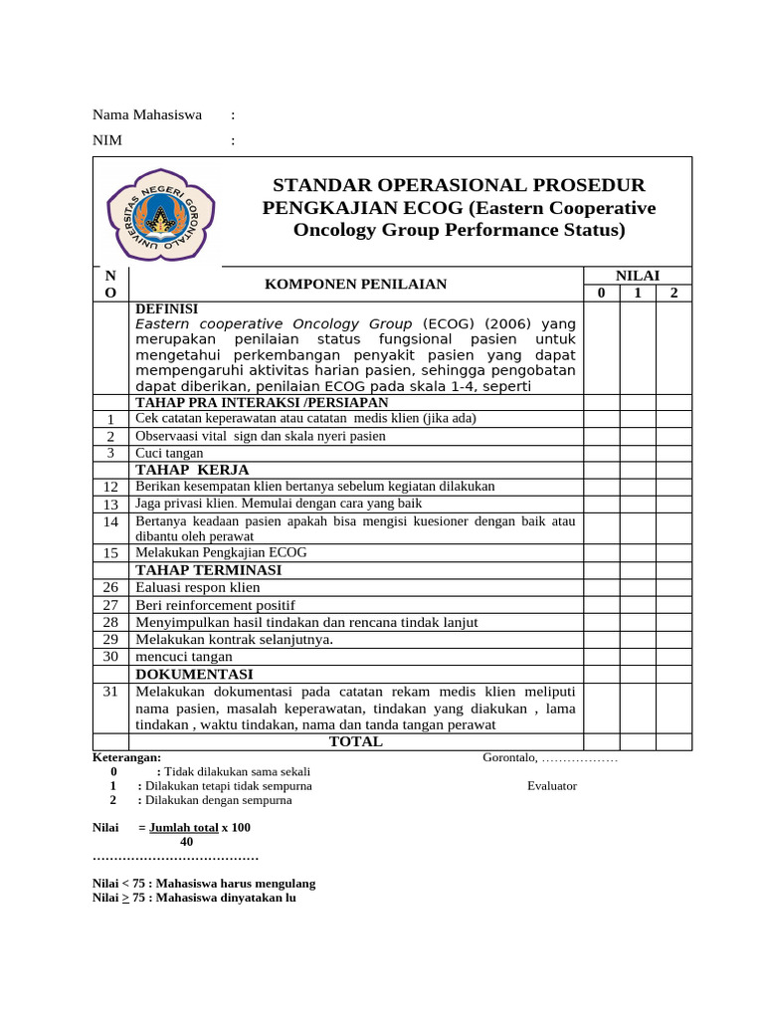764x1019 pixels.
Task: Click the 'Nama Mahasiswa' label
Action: point(147,114)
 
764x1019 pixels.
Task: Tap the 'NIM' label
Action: point(107,140)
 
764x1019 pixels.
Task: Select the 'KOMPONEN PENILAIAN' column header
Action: point(355,285)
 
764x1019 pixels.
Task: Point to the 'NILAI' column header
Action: point(638,276)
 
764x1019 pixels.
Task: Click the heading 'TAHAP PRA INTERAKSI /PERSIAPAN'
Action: point(262,402)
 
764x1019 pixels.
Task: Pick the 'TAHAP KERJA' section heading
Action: point(192,470)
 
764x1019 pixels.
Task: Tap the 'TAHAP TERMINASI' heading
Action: point(209,570)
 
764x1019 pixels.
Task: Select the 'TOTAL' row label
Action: point(355,742)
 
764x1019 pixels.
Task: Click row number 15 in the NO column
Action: point(110,553)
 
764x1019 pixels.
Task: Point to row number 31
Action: point(110,692)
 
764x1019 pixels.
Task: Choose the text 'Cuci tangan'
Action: point(169,453)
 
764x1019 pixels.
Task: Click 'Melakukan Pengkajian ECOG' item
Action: point(221,552)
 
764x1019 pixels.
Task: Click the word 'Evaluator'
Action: point(552,786)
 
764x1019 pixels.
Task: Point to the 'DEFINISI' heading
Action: point(166,309)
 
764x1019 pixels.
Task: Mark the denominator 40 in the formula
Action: point(187,842)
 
